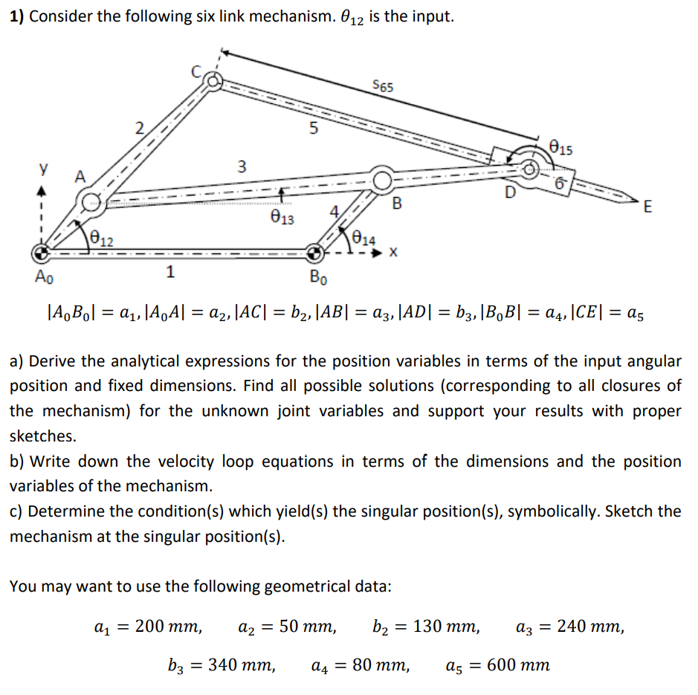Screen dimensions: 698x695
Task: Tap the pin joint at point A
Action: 92,199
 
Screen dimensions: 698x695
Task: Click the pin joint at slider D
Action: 530,168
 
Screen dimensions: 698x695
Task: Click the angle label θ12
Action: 102,238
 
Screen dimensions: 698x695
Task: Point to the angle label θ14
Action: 363,239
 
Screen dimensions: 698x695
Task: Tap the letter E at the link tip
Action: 647,207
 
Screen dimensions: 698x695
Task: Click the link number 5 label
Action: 314,127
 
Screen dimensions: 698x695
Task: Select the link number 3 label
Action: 239,165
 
